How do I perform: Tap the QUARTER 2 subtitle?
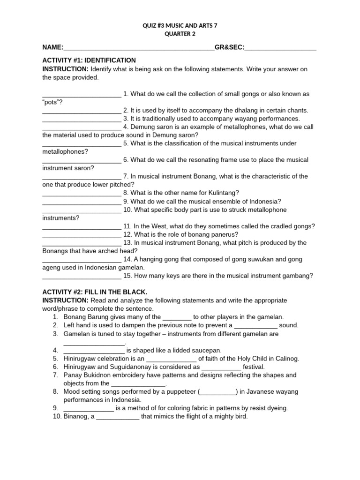tap(180, 34)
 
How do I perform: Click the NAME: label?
tap(52, 47)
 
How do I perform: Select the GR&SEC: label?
tap(229, 47)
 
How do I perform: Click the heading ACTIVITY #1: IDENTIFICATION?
tap(89, 60)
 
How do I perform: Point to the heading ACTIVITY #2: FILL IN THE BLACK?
tap(95, 292)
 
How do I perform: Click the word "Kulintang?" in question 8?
tap(223, 193)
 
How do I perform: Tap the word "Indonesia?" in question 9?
tap(265, 201)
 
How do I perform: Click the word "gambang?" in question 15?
tap(298, 276)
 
